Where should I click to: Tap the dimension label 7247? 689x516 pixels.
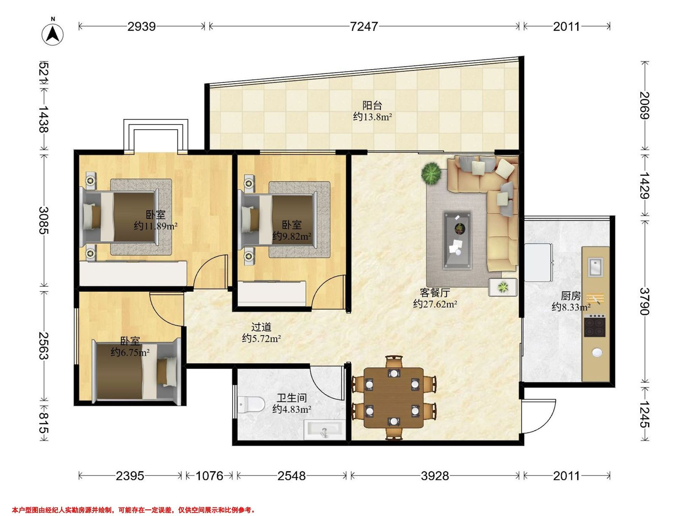[x=364, y=27]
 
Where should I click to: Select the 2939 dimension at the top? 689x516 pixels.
[x=142, y=27]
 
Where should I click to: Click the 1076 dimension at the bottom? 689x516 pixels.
[x=209, y=476]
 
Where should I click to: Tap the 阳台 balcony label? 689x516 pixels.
[x=372, y=105]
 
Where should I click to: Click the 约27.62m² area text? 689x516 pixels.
[x=435, y=304]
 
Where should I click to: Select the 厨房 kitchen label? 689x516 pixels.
[x=571, y=296]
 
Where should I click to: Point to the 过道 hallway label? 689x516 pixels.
[x=261, y=327]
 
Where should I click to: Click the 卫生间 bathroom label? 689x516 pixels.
[x=292, y=398]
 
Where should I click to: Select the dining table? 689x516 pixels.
[x=394, y=398]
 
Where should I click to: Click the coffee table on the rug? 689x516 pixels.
[x=457, y=240]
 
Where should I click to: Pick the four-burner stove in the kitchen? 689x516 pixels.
[x=595, y=326]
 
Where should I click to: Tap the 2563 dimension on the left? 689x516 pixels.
[x=44, y=345]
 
